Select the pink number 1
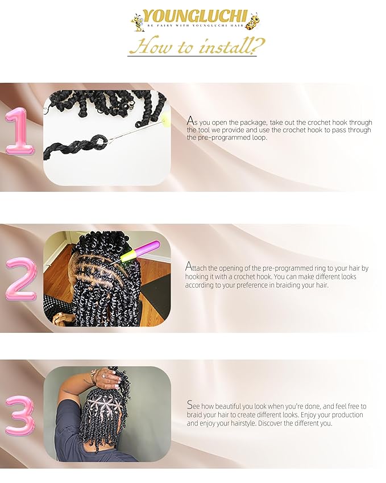[x=20, y=131]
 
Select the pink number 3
[x=19, y=416]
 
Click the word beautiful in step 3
[x=235, y=407]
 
